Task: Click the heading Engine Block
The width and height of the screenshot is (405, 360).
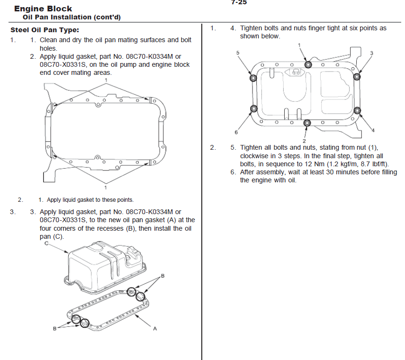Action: pos(43,9)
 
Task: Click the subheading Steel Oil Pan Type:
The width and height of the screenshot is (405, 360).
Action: pos(45,30)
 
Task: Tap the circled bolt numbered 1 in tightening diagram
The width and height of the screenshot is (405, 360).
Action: pos(308,64)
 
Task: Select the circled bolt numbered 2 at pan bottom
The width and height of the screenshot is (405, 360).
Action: pos(307,124)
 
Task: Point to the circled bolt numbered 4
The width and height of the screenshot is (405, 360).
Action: pos(358,111)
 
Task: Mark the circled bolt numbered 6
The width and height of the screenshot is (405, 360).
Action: pos(253,110)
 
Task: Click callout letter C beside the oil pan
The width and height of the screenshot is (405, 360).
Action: pos(46,243)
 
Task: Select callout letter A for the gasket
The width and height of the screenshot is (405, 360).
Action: pos(155,328)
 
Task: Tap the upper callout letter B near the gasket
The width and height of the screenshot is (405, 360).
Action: pos(162,276)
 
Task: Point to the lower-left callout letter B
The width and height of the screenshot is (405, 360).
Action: pos(55,328)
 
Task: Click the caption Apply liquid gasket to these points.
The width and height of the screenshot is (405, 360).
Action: pos(90,199)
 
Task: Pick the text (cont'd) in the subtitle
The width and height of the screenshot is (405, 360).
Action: pos(107,18)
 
